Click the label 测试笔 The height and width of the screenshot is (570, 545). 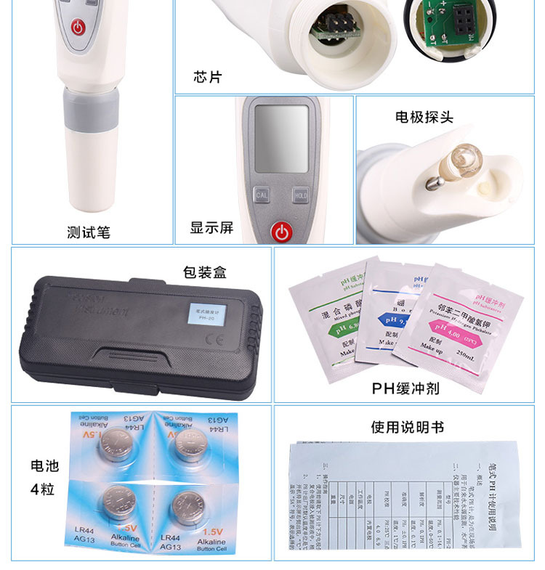(89, 232)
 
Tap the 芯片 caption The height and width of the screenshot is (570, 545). (208, 76)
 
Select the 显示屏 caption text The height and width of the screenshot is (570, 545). (211, 227)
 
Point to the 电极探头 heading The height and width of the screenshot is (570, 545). (424, 116)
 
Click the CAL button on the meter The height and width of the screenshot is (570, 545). (262, 195)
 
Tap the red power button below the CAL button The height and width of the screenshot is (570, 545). (280, 232)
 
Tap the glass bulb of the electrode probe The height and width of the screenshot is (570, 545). (463, 155)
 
